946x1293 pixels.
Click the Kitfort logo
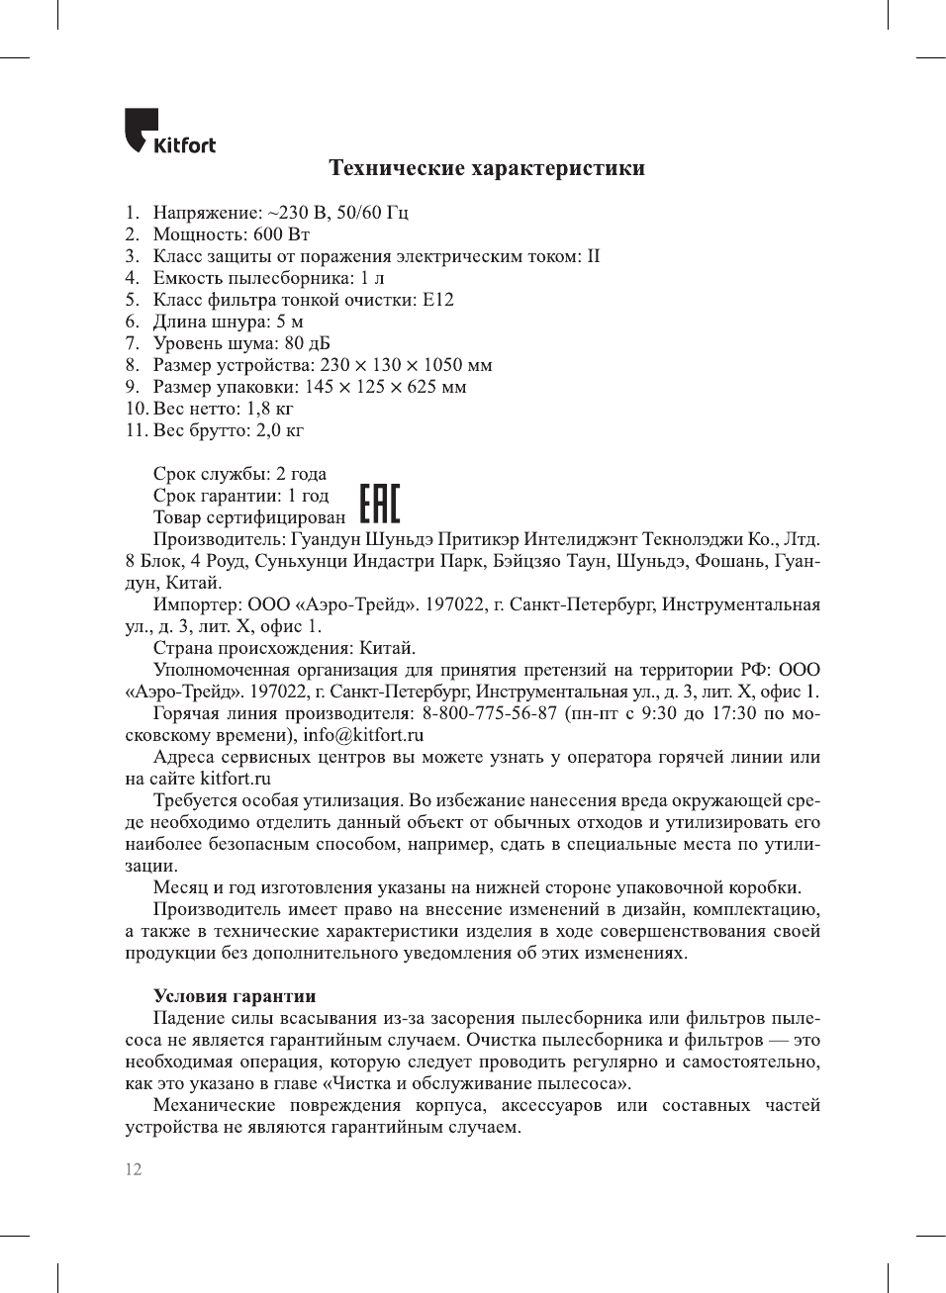click(169, 133)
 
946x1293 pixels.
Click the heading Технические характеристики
click(487, 168)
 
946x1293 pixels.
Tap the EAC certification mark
click(379, 504)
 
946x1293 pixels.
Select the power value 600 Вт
click(282, 234)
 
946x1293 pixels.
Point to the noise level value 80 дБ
click(308, 343)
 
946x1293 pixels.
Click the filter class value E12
click(437, 300)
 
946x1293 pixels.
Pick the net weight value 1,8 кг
click(270, 409)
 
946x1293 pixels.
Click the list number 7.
click(133, 343)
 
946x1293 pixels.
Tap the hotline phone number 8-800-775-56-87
click(490, 713)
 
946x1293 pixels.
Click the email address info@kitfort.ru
click(363, 735)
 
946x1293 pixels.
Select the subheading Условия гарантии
click(235, 996)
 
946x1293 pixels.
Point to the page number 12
click(134, 1169)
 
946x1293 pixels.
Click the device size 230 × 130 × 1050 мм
click(406, 365)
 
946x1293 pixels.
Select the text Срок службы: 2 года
click(239, 474)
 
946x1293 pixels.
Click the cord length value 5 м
click(290, 322)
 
